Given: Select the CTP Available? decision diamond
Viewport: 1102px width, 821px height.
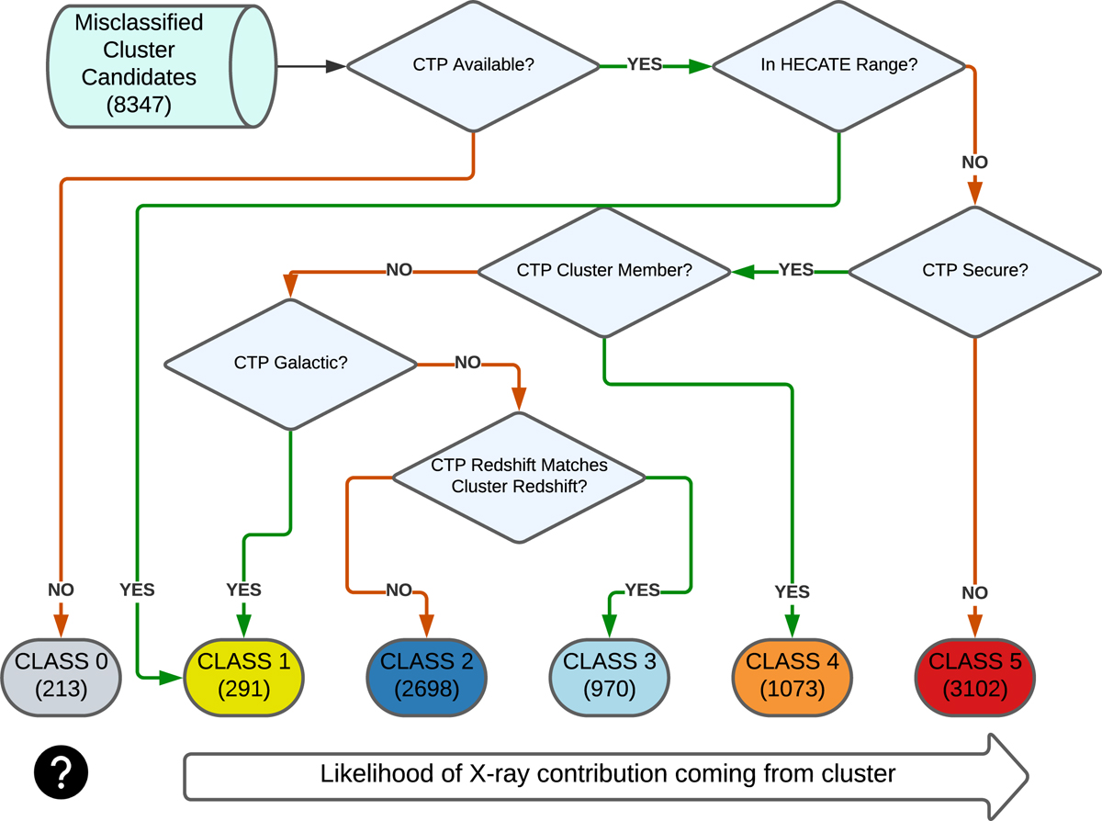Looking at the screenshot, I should point(473,66).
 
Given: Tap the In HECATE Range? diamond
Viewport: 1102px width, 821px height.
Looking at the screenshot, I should point(839,66).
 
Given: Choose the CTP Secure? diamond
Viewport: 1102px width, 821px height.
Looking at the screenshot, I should point(973,271).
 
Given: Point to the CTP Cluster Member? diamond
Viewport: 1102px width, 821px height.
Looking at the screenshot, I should point(603,271).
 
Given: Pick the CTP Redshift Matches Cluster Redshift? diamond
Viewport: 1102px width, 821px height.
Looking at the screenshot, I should point(519,476).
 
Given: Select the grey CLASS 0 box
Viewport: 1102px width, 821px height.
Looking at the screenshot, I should point(62,674).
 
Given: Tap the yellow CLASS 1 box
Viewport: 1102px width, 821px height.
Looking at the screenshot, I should point(244,674).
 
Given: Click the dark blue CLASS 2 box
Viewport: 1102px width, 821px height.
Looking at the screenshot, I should point(426,674).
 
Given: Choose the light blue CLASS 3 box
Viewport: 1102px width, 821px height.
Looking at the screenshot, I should point(609,674).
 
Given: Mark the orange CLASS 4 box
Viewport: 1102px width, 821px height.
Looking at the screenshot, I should point(792,674).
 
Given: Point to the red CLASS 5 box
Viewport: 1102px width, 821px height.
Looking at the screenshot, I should point(974,674).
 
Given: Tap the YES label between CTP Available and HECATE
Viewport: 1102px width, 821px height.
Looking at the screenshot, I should point(645,65).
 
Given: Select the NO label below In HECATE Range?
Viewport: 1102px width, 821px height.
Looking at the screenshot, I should point(974,163).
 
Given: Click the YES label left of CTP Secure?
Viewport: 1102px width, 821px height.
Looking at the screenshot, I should point(795,270).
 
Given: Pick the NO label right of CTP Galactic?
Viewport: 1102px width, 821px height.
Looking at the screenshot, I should point(467,363).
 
